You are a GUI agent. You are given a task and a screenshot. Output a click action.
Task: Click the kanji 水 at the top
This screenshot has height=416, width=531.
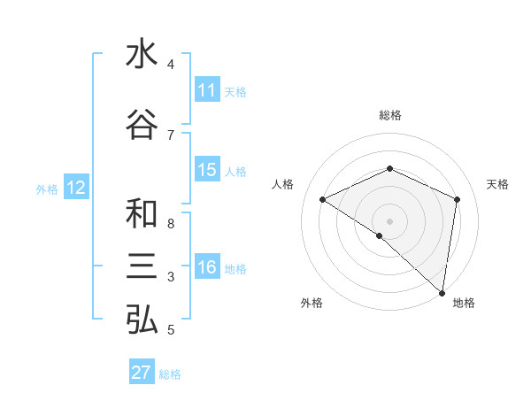tap(142, 55)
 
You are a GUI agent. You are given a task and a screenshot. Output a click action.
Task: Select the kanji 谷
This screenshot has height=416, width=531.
tap(142, 125)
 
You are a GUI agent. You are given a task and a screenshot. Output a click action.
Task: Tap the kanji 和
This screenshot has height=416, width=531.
tap(142, 214)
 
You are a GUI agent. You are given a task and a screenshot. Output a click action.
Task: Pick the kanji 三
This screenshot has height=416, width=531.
tap(142, 266)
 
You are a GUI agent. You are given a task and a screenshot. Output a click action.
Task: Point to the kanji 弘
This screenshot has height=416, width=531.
tap(142, 320)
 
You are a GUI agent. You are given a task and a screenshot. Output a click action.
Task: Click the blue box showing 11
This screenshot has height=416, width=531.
tap(207, 90)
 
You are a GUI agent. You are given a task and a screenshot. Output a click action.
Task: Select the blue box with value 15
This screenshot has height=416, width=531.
tap(207, 170)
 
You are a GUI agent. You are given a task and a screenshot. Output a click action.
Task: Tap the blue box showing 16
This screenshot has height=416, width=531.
tap(207, 267)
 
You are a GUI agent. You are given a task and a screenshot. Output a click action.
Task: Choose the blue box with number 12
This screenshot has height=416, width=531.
tap(76, 188)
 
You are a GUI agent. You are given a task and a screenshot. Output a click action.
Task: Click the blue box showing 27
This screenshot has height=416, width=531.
tap(142, 373)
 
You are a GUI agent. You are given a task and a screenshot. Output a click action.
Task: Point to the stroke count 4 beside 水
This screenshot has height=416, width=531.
tap(171, 65)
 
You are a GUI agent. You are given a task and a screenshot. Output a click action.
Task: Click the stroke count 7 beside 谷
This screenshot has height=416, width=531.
tap(171, 135)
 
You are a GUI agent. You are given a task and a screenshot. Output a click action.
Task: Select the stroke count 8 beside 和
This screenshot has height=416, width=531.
tap(171, 223)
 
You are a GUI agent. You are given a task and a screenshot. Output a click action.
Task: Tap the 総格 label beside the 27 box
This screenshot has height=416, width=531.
tap(170, 374)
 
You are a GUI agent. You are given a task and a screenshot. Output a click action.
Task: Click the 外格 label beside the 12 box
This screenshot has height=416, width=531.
tap(47, 189)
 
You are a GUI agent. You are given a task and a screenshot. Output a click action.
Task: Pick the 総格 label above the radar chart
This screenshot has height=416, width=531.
tap(390, 115)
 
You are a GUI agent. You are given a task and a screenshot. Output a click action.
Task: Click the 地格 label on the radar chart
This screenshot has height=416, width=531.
tap(464, 303)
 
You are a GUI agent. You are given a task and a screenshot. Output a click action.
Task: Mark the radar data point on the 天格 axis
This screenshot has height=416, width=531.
tap(458, 199)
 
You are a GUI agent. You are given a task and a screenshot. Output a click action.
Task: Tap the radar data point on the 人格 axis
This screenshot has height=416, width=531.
tap(323, 199)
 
